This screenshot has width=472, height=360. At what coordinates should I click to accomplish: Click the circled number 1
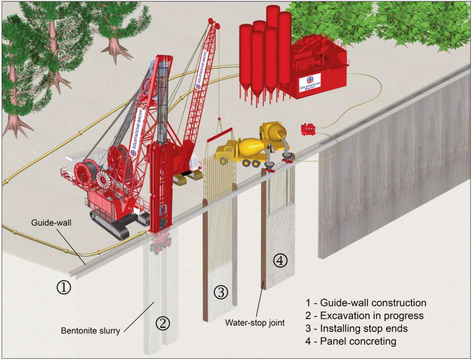pyautogui.click(x=64, y=287)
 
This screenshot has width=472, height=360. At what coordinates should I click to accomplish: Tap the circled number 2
pyautogui.click(x=163, y=324)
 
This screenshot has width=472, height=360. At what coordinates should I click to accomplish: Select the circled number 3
pyautogui.click(x=221, y=292)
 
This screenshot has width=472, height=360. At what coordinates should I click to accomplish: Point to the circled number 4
pyautogui.click(x=280, y=260)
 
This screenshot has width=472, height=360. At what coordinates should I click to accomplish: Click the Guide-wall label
pyautogui.click(x=51, y=223)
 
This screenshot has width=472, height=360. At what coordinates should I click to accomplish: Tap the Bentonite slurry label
pyautogui.click(x=90, y=331)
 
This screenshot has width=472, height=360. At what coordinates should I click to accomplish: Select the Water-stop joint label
pyautogui.click(x=255, y=323)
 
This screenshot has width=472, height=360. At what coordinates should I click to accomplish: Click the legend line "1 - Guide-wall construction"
pyautogui.click(x=366, y=303)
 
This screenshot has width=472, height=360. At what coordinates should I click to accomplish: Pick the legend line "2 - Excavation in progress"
pyautogui.click(x=364, y=315)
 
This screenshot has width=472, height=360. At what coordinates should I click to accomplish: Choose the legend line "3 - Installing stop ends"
pyautogui.click(x=356, y=328)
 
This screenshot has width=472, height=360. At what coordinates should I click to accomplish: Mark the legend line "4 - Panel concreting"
pyautogui.click(x=351, y=341)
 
